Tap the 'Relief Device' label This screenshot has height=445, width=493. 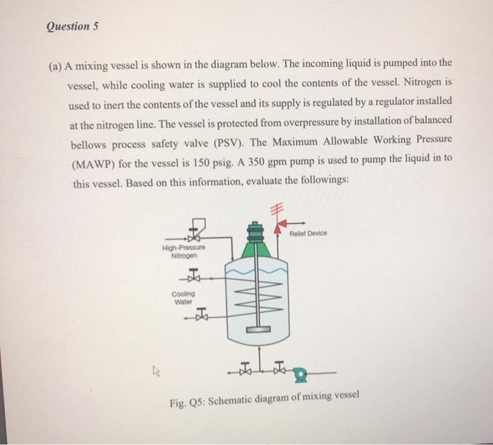308,234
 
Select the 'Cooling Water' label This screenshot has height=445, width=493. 183,297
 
